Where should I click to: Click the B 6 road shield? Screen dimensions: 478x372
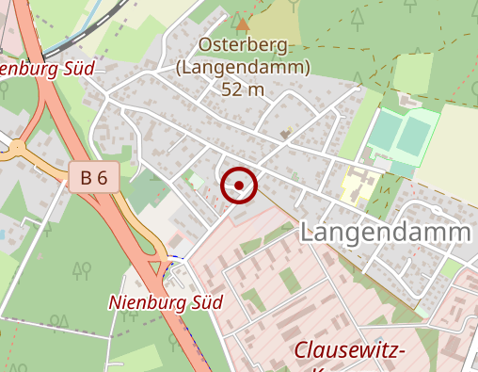(x=93, y=176)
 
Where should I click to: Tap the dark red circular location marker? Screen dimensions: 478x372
(x=239, y=186)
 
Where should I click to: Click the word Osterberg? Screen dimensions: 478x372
(x=243, y=45)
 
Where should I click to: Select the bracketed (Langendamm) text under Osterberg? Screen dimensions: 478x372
(x=243, y=68)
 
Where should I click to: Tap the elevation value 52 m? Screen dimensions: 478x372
(x=243, y=89)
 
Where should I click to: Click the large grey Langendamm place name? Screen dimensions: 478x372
(x=386, y=233)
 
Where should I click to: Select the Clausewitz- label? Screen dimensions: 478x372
(x=349, y=351)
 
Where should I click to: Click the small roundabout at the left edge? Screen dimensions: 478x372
(x=16, y=146)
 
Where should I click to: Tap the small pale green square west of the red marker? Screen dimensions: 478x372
(x=195, y=179)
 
